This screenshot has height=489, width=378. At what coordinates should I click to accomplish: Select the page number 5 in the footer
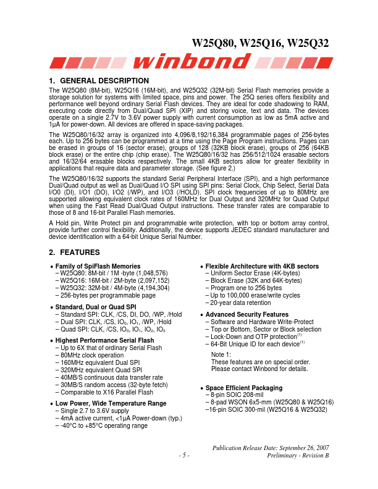click(184, 455)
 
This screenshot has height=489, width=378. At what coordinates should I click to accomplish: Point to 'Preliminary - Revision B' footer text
click(298, 455)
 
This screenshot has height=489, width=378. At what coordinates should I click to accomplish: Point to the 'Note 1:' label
click(221, 354)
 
